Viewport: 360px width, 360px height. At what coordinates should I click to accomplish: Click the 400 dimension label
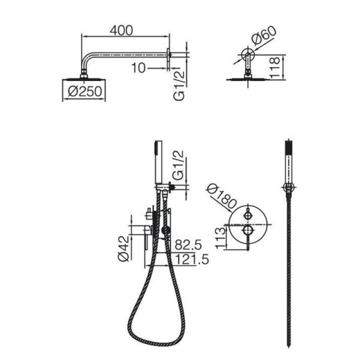[x=121, y=31]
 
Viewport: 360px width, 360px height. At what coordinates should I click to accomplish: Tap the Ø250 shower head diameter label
[x=85, y=91]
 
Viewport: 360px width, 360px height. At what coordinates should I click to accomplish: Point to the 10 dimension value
[x=138, y=68]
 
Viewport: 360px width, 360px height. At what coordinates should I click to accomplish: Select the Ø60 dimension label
[x=264, y=36]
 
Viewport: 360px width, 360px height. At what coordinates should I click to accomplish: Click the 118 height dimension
[x=274, y=68]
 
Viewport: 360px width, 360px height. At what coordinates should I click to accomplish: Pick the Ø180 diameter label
[x=221, y=197]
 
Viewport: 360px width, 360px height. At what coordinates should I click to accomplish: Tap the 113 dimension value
[x=220, y=238]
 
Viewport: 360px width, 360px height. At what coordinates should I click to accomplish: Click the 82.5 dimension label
[x=188, y=245]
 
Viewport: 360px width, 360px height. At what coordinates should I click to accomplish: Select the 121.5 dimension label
[x=192, y=260]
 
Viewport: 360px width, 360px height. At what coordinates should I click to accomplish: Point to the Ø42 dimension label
[x=124, y=249]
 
